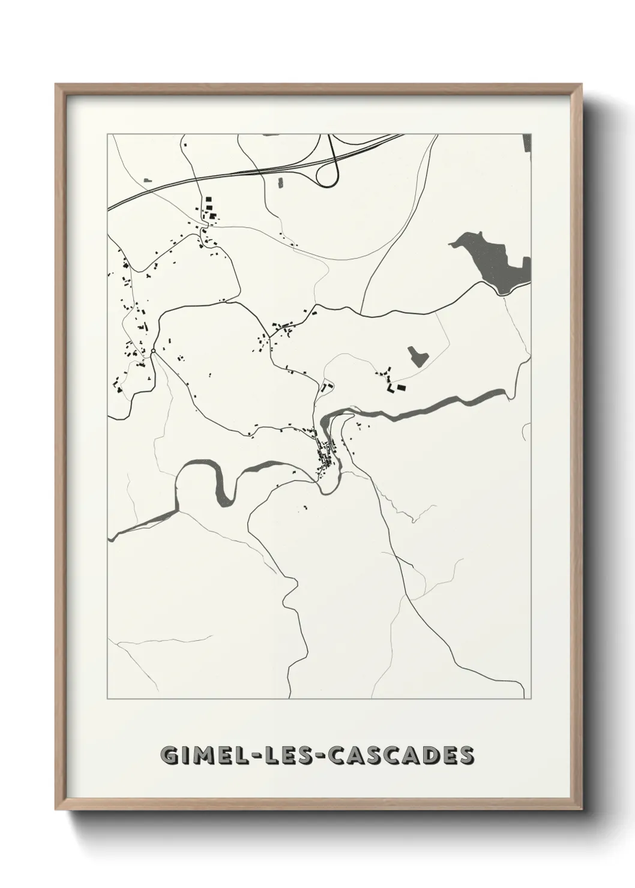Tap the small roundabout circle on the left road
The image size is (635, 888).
tap(153, 350)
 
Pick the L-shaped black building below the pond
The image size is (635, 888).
tap(390, 389)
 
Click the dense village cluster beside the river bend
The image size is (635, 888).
tap(328, 454)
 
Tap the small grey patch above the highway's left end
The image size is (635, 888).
tap(148, 180)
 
